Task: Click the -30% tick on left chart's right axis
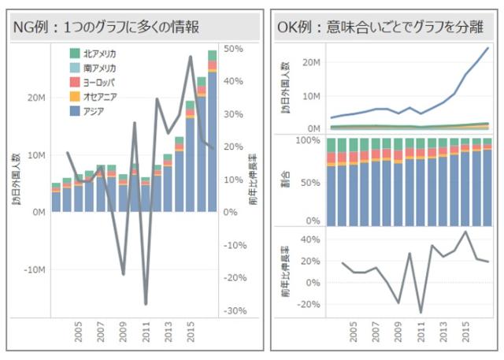(x=235, y=311)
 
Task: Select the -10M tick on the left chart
(x=34, y=269)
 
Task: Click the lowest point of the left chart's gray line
(x=146, y=303)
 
